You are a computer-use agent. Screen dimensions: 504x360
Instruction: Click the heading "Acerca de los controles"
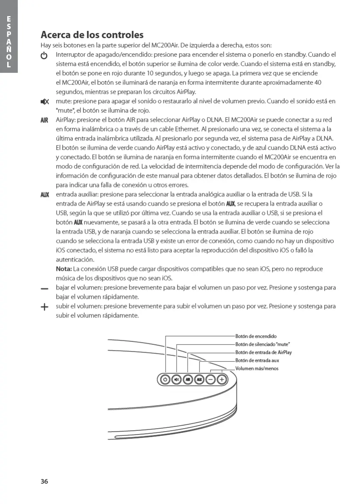(x=92, y=35)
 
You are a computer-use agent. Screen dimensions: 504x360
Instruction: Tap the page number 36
(x=44, y=481)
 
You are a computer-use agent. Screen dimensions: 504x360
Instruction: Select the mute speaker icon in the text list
(x=44, y=102)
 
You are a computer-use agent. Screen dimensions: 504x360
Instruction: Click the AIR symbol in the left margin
(x=44, y=120)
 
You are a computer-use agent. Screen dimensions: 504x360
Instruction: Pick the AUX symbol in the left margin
(x=44, y=195)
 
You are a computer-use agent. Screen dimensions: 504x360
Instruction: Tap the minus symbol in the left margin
(x=44, y=289)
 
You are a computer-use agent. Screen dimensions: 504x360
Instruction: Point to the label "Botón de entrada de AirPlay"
(x=263, y=352)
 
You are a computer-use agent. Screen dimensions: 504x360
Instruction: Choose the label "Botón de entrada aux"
(x=257, y=361)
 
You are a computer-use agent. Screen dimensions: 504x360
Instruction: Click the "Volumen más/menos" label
(x=257, y=369)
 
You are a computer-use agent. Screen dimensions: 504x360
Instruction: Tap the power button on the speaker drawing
(x=165, y=380)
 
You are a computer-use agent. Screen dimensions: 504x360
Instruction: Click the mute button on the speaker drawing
(x=177, y=380)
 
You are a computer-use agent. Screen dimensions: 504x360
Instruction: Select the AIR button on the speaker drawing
(x=188, y=380)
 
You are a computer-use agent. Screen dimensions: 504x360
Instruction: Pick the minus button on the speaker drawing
(x=210, y=380)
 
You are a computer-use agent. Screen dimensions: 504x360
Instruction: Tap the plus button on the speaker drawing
(x=222, y=380)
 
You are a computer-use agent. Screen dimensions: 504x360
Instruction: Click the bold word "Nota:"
(x=64, y=269)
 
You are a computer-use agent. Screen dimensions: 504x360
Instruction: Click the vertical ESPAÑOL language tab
(x=8, y=42)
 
